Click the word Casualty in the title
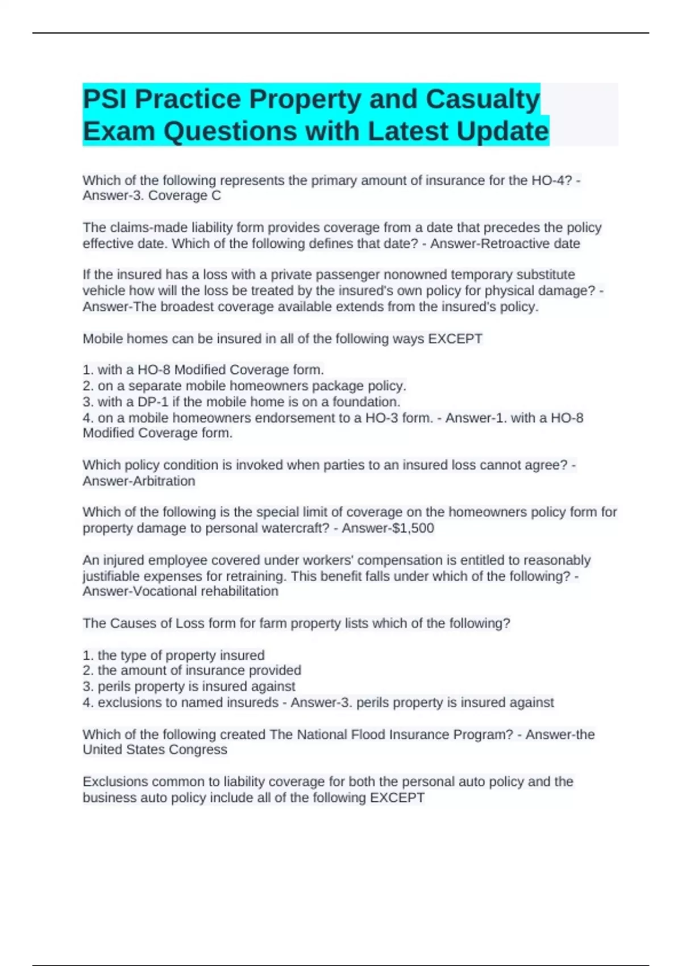pyautogui.click(x=483, y=99)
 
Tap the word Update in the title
pyautogui.click(x=502, y=131)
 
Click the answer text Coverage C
pyautogui.click(x=185, y=196)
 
